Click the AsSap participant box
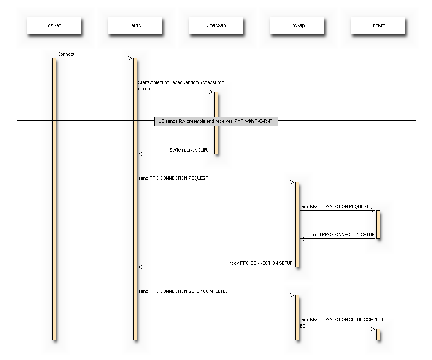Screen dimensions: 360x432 point(54,25)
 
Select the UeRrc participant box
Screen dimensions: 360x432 point(135,25)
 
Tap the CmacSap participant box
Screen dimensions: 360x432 point(216,25)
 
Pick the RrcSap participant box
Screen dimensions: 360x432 point(297,25)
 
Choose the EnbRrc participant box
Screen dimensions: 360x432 point(378,25)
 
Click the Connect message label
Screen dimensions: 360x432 point(66,54)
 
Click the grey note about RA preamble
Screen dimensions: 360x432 point(216,122)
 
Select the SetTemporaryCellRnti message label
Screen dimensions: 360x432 point(191,150)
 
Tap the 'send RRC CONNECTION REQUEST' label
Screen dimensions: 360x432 point(173,178)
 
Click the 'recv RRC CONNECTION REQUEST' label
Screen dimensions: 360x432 point(334,206)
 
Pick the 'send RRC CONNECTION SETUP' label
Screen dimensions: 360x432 point(342,235)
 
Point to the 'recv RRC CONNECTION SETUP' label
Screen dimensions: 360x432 point(261,263)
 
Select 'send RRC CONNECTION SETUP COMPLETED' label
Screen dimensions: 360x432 point(183,291)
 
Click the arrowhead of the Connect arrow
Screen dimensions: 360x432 point(130,58)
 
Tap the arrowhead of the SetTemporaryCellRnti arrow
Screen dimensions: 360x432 point(140,154)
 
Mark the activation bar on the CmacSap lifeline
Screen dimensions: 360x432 point(216,122)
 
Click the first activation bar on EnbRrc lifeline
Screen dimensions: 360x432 point(378,224)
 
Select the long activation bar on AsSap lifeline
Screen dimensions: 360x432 point(54,198)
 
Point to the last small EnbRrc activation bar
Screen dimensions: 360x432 point(378,334)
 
